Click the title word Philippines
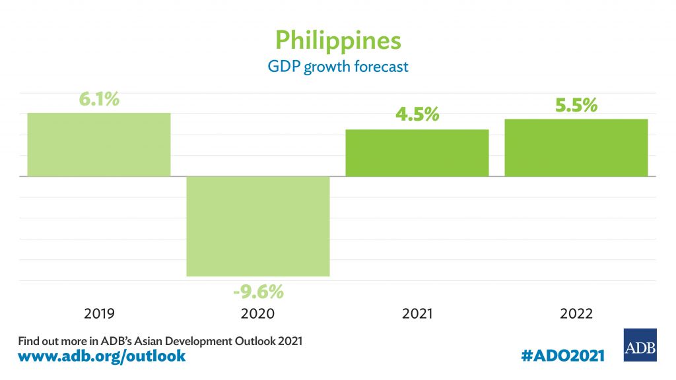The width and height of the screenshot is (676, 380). (337, 40)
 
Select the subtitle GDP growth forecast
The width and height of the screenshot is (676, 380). (337, 67)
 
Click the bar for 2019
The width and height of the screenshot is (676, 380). (99, 144)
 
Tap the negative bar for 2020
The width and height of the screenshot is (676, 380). (258, 226)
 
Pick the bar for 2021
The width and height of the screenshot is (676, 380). (417, 153)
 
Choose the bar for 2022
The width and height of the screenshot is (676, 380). (576, 148)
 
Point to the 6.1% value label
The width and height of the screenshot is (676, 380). (99, 100)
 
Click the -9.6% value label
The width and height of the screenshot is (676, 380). (258, 291)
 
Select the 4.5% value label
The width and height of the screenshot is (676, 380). (417, 115)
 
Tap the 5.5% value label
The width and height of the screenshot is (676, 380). (576, 105)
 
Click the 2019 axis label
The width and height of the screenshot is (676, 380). (99, 314)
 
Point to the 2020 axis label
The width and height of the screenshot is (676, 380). (258, 314)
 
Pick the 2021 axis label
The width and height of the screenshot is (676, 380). (417, 314)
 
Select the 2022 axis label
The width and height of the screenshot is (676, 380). (576, 314)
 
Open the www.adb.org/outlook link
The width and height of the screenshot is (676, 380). (102, 356)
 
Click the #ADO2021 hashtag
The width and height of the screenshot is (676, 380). (562, 356)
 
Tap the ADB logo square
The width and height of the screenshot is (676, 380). (640, 345)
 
